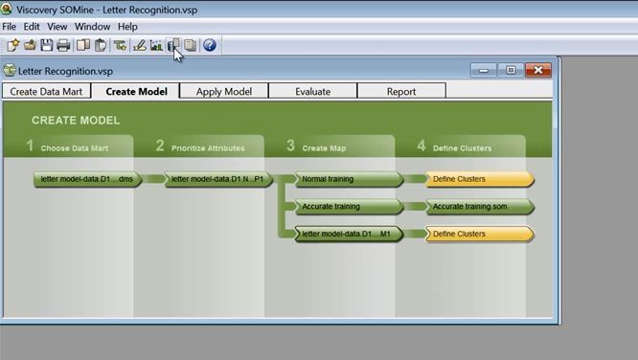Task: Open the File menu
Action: coord(10,27)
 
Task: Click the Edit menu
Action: coord(32,27)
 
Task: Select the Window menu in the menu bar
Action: coord(92,27)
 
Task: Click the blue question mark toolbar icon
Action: coord(210,45)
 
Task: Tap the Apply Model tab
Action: coord(223,92)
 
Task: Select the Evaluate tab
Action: coord(312,92)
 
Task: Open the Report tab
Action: coord(401,92)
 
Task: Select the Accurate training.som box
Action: coord(476,207)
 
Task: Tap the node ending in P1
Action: coord(218,179)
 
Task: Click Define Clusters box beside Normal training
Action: coord(476,179)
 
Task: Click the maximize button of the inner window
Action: coord(511,70)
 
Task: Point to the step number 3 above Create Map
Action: coord(290,146)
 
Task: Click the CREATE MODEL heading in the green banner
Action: coord(76,121)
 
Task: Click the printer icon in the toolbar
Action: coord(63,45)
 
